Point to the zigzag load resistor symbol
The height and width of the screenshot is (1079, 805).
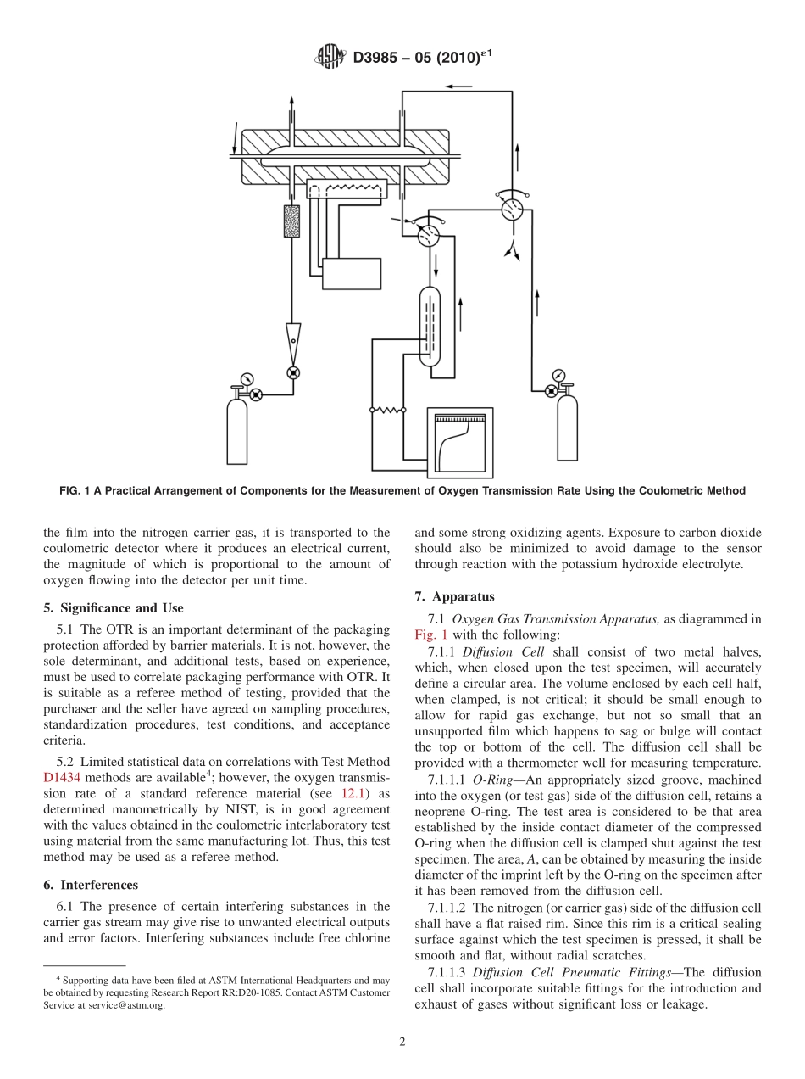click(x=387, y=410)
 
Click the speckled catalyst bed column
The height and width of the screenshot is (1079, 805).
click(x=292, y=221)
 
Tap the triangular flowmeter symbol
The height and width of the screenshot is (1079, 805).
click(x=293, y=336)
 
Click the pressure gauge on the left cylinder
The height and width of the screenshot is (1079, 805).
click(x=246, y=378)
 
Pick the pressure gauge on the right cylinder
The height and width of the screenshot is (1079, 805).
click(x=558, y=375)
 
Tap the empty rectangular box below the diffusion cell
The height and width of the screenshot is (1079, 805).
click(x=352, y=271)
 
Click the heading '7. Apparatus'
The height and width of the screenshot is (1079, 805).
click(x=454, y=596)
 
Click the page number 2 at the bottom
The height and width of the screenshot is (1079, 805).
click(x=402, y=1042)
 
